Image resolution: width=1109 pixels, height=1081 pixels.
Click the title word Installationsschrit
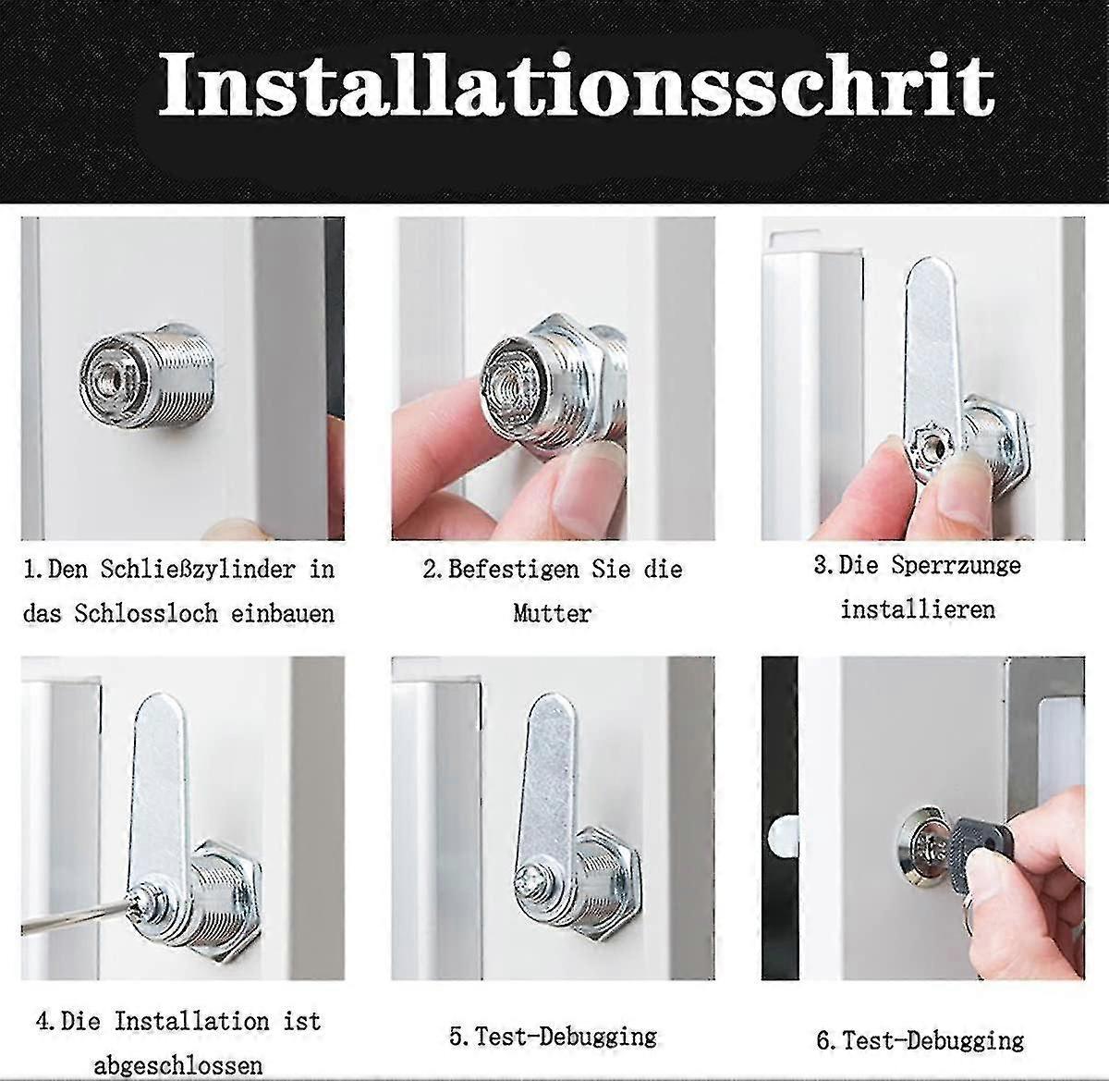(x=575, y=86)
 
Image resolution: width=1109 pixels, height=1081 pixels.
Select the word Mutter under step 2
(x=552, y=613)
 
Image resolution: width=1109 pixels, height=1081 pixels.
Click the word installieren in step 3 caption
(x=918, y=609)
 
